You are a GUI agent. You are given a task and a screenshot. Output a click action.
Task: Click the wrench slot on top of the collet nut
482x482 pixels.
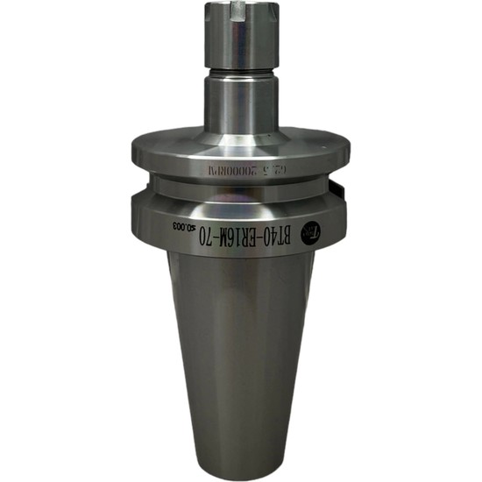click(240, 12)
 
